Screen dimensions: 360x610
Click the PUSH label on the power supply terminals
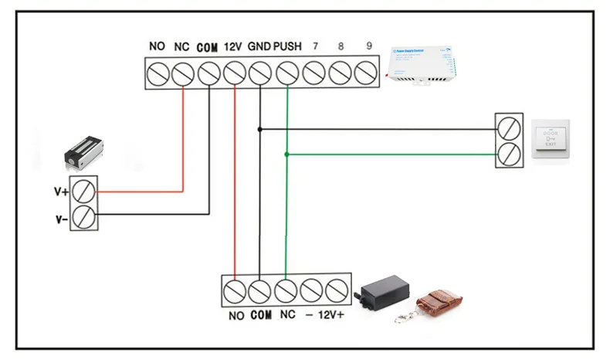pos(287,47)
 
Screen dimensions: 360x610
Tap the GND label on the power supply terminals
pos(259,47)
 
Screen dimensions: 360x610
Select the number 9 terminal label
pos(368,47)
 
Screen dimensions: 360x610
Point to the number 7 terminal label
pos(314,47)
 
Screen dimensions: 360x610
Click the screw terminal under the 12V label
pos(234,74)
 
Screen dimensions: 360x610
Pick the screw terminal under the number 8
pos(341,74)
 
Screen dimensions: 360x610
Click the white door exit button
pos(550,139)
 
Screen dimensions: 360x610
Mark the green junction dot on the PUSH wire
pos(286,155)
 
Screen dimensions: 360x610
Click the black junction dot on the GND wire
pos(260,129)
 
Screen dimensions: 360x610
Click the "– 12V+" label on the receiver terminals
pos(324,316)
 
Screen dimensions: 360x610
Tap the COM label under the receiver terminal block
pos(262,316)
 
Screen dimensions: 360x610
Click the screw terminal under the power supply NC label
pos(182,74)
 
